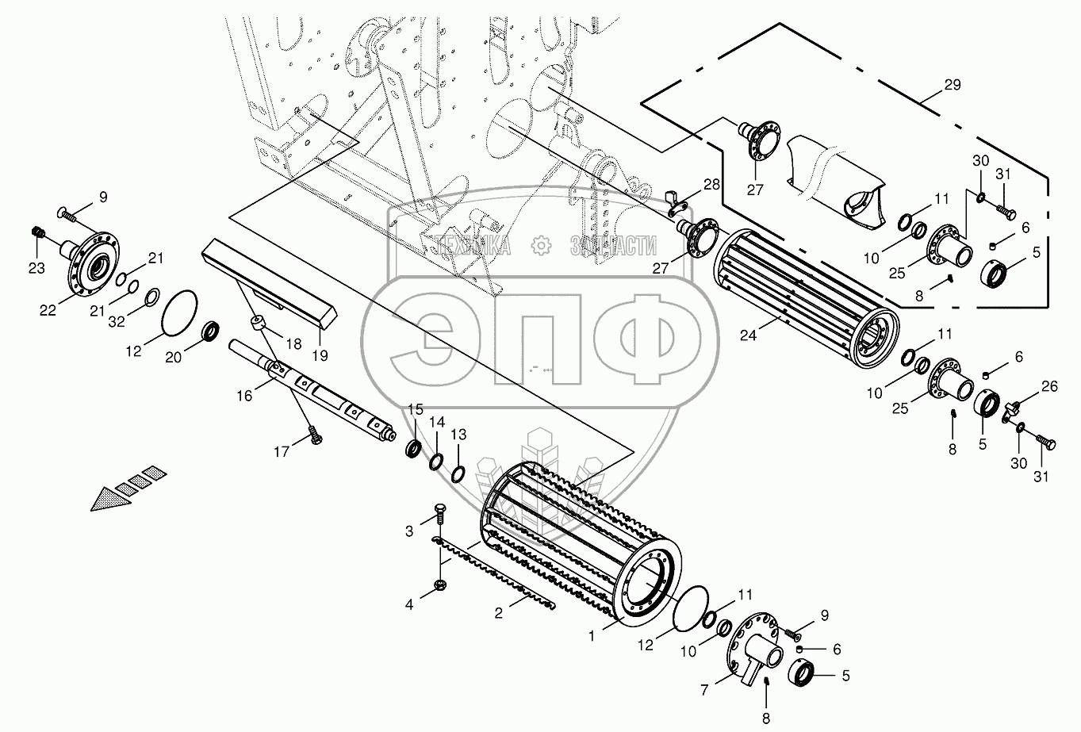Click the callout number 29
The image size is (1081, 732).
point(952,85)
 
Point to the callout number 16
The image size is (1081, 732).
point(244,394)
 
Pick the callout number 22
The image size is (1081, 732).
point(48,310)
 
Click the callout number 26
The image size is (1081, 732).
point(1049,387)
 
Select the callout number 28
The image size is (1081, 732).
point(711,185)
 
